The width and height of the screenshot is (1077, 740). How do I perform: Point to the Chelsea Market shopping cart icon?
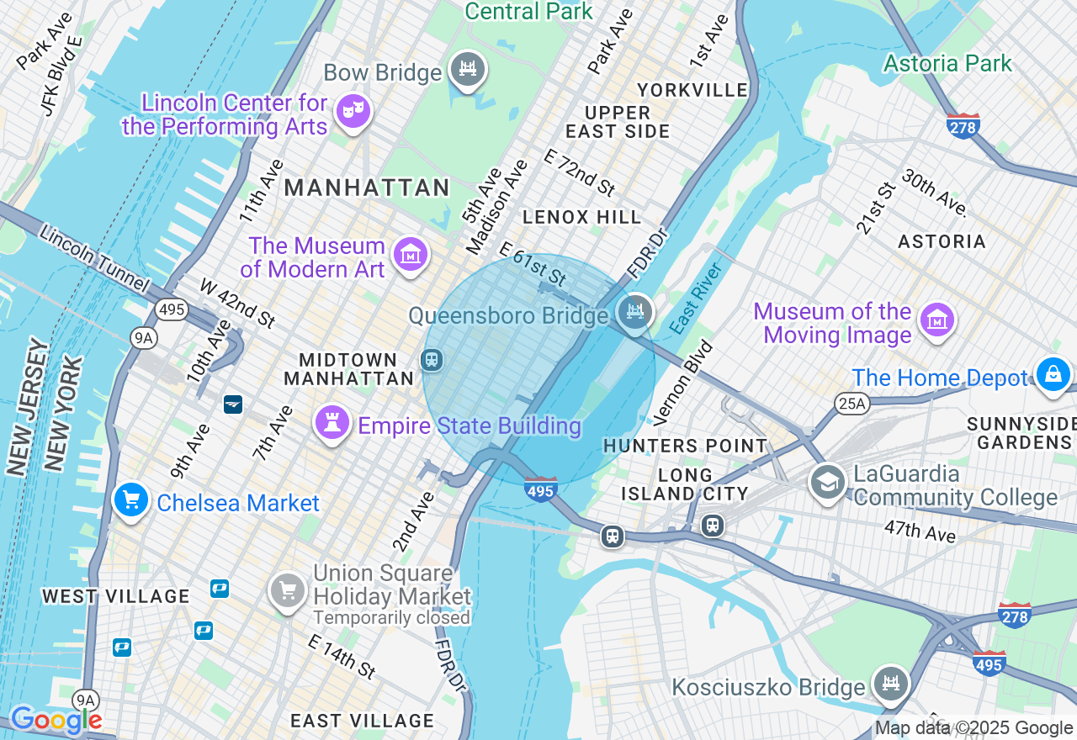point(131,501)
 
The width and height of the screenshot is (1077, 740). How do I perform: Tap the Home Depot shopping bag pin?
point(1053,375)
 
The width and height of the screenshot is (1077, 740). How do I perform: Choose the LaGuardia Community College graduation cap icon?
point(827,482)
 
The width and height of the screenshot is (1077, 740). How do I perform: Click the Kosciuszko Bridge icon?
point(890,682)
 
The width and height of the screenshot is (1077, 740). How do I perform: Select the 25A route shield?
point(852,404)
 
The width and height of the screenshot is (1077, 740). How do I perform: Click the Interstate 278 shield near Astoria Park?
point(963,126)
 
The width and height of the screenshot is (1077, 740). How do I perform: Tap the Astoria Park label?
point(947,63)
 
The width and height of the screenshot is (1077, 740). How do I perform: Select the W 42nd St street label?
point(237,303)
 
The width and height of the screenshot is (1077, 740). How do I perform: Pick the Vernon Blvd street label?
point(682,382)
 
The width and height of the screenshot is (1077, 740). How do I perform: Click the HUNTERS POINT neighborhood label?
point(685,446)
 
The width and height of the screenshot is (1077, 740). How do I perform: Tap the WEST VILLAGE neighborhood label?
point(116,596)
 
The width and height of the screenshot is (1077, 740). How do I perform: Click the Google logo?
point(56,720)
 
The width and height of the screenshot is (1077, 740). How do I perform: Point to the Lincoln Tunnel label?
point(94,260)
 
